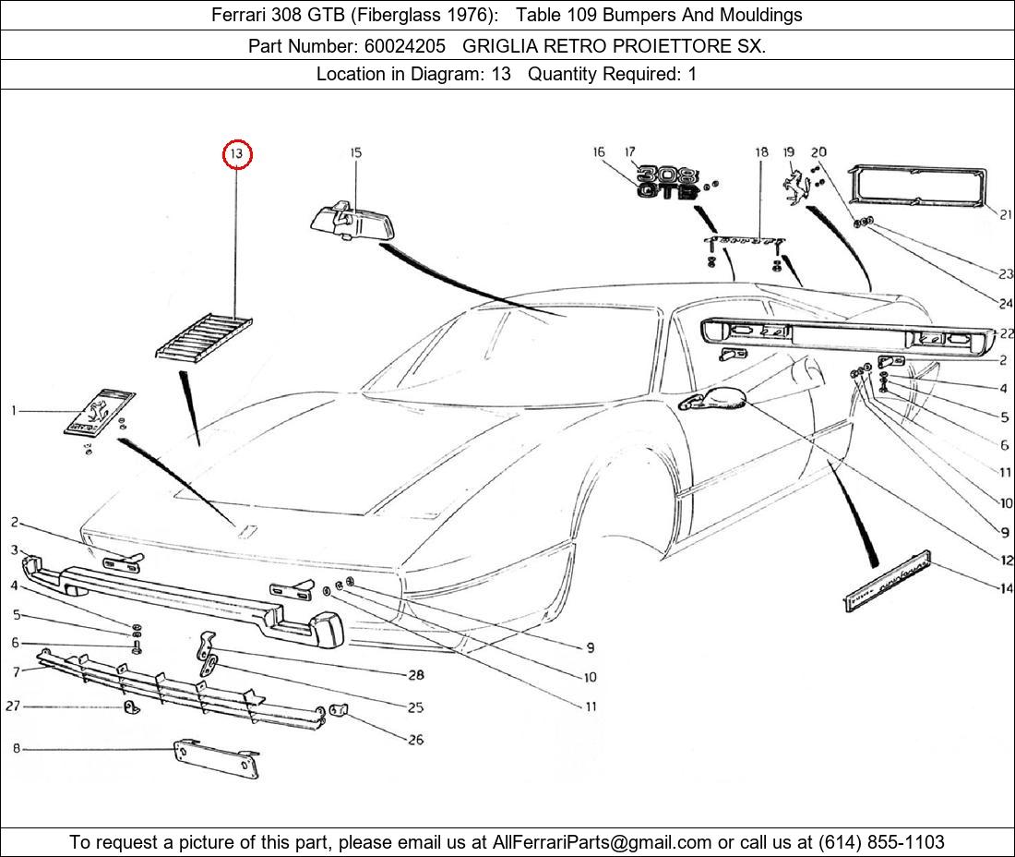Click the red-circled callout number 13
point(237,154)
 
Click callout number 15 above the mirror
point(355,152)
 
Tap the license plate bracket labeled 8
point(216,757)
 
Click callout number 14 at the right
point(1005,588)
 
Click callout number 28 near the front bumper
point(415,675)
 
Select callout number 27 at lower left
point(13,706)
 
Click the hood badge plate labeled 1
point(99,412)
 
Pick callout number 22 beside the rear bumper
point(1006,333)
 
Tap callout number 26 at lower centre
point(415,740)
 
